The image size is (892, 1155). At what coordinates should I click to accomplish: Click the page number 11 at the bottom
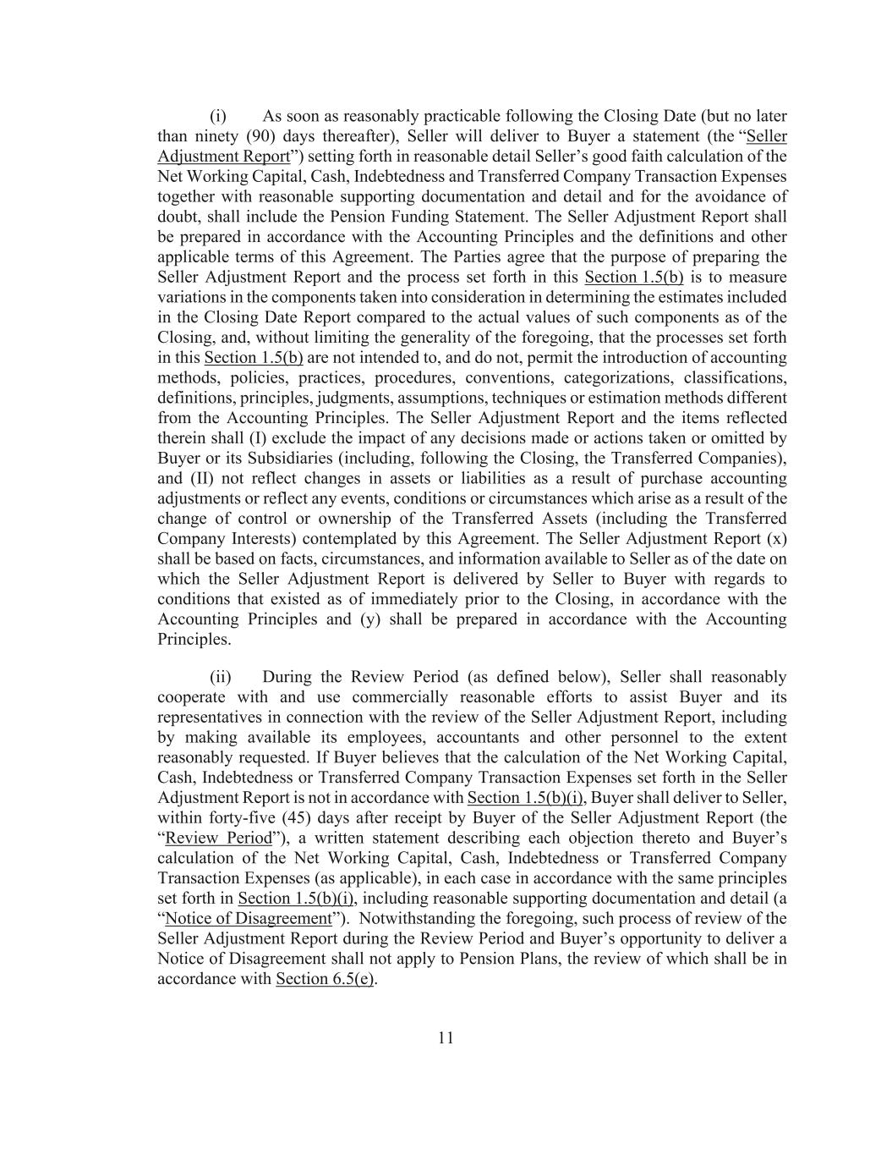tap(446, 1038)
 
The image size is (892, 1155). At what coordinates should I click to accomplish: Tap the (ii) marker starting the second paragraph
tap(220, 677)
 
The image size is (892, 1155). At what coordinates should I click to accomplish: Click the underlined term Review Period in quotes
tap(219, 838)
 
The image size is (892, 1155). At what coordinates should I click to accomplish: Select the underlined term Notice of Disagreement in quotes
tap(248, 918)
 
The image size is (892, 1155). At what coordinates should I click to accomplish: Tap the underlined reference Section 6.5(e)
tap(325, 979)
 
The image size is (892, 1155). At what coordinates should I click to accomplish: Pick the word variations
tap(191, 297)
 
